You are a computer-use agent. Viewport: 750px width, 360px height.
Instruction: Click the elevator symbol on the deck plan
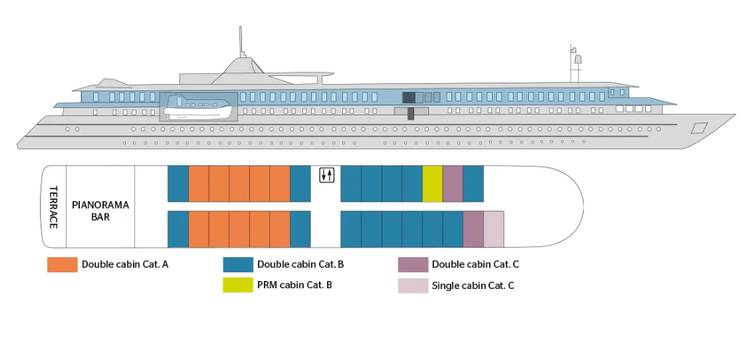coord(326,176)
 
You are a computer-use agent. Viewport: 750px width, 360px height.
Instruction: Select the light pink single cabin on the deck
coord(494,229)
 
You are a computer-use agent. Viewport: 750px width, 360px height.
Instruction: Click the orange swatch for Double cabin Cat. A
coord(63,265)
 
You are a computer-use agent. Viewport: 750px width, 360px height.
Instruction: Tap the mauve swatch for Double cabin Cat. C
coord(413,265)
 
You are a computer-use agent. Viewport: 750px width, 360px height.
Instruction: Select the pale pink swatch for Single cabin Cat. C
coord(413,286)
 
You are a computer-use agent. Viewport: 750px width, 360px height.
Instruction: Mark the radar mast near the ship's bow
coord(574,64)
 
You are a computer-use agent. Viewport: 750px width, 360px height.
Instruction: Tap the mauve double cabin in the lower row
coord(473,229)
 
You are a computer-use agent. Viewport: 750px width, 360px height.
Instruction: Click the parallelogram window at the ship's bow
coord(699,127)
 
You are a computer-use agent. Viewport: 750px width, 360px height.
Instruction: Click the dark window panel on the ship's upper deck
coord(409,97)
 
